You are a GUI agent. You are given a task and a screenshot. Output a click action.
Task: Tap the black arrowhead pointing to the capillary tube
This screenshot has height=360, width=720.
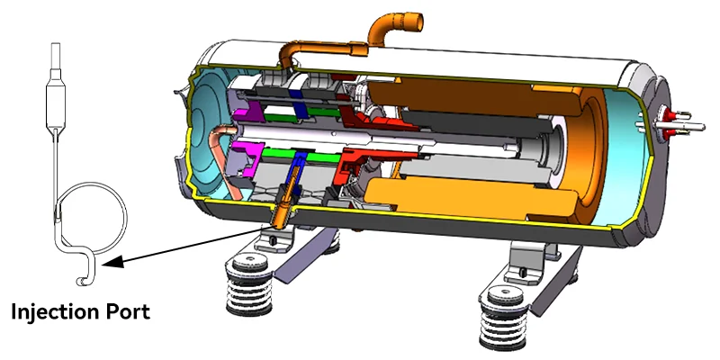113,263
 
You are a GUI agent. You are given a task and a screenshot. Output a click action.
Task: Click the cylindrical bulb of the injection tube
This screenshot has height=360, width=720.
56,104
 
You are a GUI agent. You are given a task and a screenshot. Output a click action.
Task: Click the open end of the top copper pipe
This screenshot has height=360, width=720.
416,22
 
